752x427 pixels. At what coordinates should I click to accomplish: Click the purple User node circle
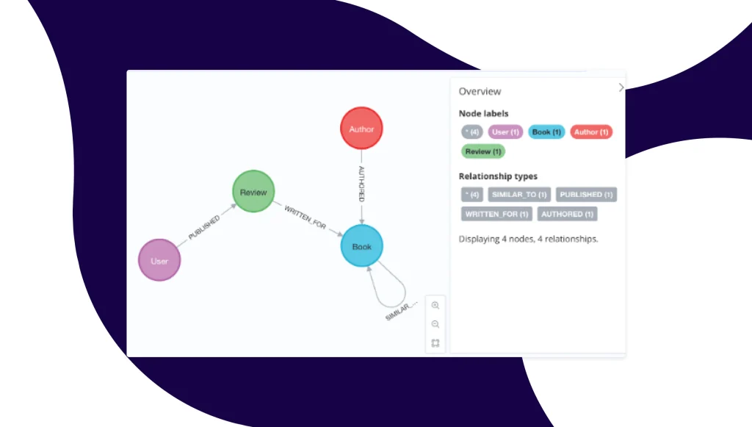(159, 260)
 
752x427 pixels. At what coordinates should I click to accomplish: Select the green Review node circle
(253, 193)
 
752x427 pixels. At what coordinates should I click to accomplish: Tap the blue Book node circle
(362, 246)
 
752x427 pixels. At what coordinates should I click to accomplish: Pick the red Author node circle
(361, 129)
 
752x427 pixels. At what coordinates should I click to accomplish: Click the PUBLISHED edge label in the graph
(203, 228)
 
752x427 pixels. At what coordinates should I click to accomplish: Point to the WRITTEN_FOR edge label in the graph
(305, 218)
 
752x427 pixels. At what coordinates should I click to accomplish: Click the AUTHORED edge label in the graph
(361, 184)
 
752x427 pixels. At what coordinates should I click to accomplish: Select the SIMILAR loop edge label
(401, 309)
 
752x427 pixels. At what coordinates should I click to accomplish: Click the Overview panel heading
(480, 91)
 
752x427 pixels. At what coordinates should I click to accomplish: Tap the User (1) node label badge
(505, 132)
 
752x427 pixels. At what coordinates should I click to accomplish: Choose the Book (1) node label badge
(546, 132)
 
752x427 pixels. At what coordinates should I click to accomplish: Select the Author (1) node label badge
(590, 132)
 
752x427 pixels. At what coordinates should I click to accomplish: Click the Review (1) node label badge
(482, 151)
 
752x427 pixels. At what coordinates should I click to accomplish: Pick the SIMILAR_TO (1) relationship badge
(518, 195)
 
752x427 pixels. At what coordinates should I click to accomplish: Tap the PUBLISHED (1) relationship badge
(585, 195)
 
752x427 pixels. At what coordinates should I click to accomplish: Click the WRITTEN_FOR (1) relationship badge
(496, 214)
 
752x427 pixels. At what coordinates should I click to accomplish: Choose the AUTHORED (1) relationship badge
(567, 214)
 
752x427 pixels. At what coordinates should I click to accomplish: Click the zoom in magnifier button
(435, 306)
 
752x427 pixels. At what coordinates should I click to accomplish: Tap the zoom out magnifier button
(435, 324)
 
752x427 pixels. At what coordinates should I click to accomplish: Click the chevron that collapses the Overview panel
(621, 87)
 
